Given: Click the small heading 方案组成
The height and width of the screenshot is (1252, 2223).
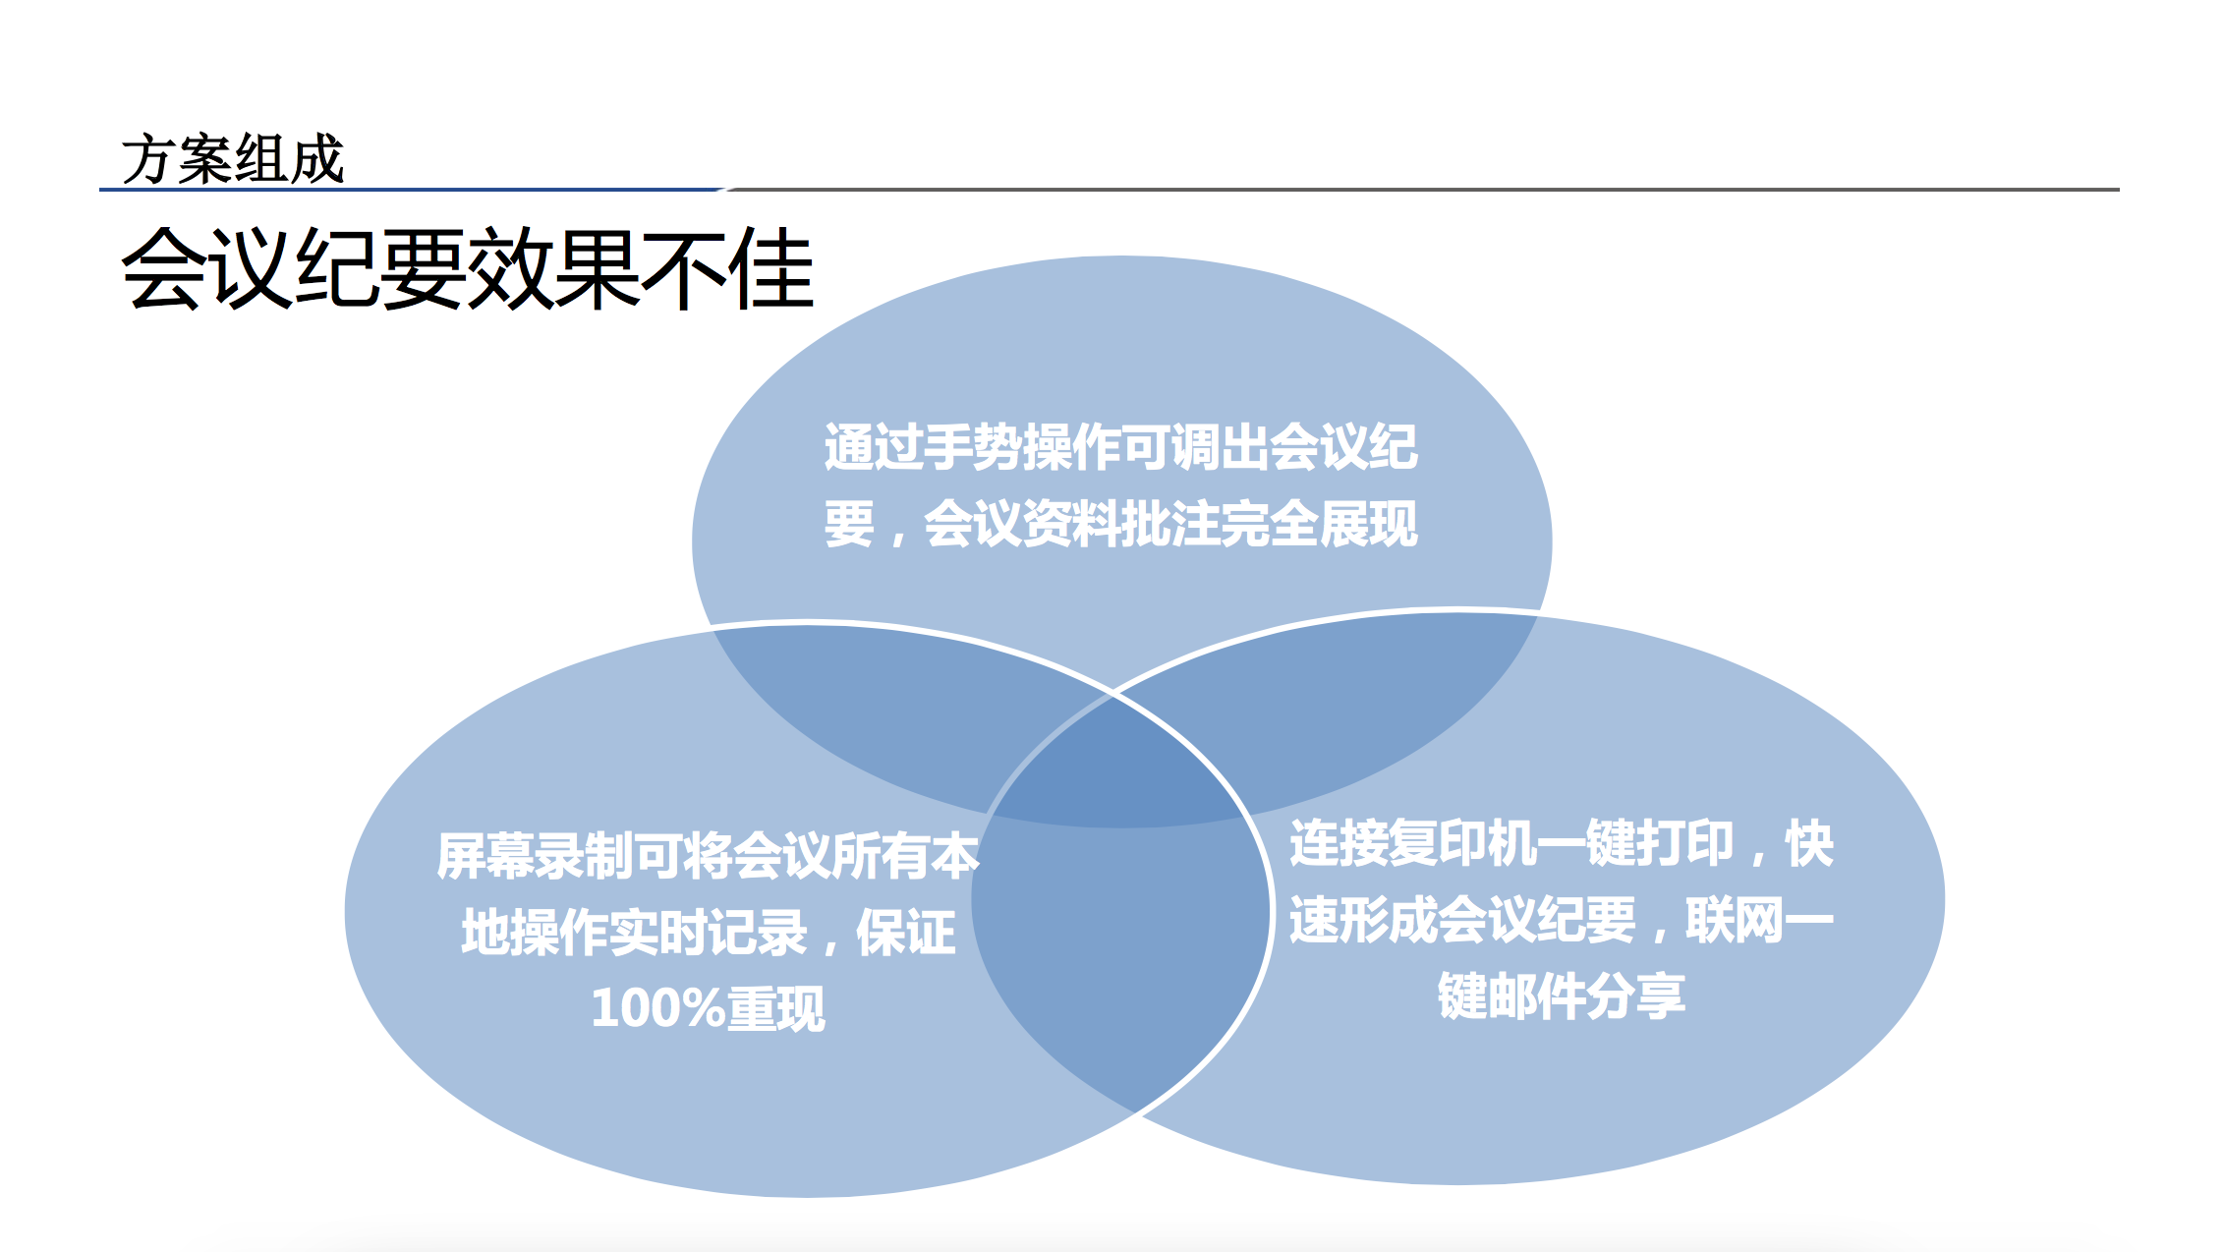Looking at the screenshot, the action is coord(233,159).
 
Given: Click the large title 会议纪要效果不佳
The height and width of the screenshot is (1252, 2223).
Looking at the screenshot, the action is coord(468,268).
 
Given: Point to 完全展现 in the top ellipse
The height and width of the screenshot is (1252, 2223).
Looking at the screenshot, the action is coord(1319,523).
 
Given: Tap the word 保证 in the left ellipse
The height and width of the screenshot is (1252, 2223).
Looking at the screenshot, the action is coord(905,932).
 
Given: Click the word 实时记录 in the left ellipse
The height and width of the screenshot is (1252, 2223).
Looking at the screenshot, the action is coord(708,932).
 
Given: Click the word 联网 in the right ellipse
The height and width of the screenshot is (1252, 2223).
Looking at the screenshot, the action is coord(1735,920).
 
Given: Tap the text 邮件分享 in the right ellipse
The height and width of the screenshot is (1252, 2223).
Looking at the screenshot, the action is coord(1586,996).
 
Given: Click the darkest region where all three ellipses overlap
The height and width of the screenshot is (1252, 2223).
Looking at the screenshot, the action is coord(1115,767).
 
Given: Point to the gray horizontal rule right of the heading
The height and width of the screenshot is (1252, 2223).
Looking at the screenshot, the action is coord(1422,189).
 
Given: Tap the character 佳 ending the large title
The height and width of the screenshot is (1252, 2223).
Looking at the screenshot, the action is coord(771,268).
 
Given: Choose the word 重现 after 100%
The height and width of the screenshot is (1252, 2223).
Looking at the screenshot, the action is coord(775,1008).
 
